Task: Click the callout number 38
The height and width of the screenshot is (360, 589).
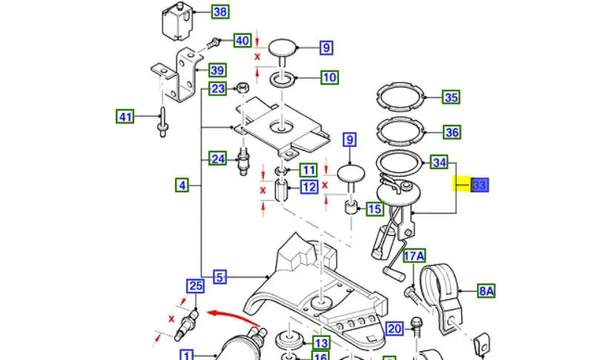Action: coord(220,12)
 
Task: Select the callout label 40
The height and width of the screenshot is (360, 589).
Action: coord(242,40)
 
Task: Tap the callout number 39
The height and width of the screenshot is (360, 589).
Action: coord(217,71)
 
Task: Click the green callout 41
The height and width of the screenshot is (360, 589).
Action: coord(125,116)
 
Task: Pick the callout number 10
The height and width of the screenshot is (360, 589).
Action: coord(329,76)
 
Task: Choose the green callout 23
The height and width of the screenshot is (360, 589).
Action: coord(217,89)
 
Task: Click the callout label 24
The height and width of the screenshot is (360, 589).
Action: coord(217,158)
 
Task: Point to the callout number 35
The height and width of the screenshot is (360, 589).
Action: coord(451,97)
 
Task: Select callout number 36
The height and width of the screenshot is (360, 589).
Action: coord(451,132)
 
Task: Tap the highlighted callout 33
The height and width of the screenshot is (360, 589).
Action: coord(479,186)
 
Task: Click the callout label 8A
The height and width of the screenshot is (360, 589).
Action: coord(486,291)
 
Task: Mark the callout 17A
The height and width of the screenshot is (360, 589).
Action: coord(415,257)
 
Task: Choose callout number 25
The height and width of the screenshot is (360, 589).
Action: coord(195,286)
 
